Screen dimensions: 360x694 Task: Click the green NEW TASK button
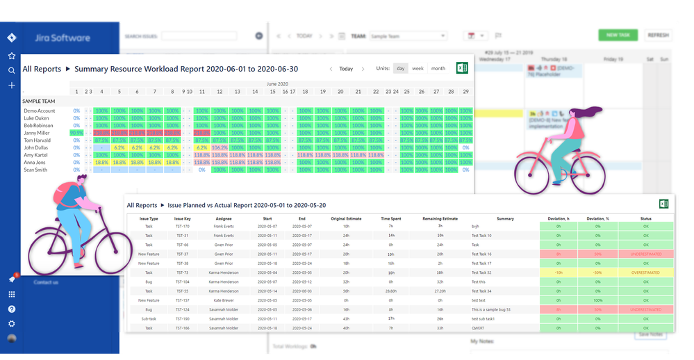pyautogui.click(x=618, y=35)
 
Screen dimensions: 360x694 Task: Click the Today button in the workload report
pyautogui.click(x=346, y=69)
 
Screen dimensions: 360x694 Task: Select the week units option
pyautogui.click(x=418, y=68)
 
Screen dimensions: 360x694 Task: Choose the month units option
pyautogui.click(x=438, y=68)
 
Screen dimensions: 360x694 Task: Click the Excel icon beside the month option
pyautogui.click(x=463, y=68)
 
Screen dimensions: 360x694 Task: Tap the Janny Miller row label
pyautogui.click(x=37, y=133)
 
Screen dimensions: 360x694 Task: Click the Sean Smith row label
pyautogui.click(x=35, y=170)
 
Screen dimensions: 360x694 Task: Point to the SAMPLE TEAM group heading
pyautogui.click(x=39, y=101)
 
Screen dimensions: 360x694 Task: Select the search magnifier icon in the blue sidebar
pyautogui.click(x=11, y=70)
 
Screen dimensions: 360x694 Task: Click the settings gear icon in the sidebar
pyautogui.click(x=11, y=324)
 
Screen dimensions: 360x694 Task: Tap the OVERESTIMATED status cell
pyautogui.click(x=647, y=272)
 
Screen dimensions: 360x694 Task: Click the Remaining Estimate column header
pyautogui.click(x=440, y=219)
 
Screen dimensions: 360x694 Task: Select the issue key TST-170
pyautogui.click(x=183, y=227)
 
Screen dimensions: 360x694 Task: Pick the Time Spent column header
pyautogui.click(x=390, y=219)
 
